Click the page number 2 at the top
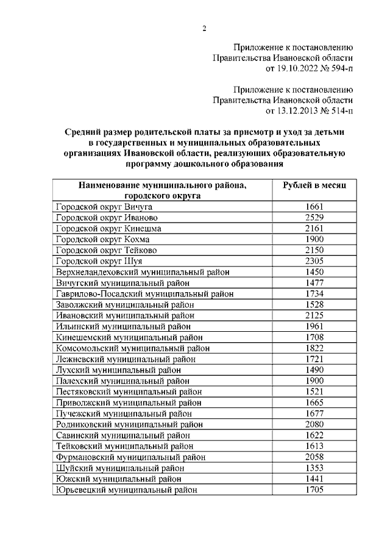(205, 28)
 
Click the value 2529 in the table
(314, 218)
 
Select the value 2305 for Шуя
(314, 261)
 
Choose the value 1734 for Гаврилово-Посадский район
(314, 293)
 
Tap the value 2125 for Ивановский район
(314, 315)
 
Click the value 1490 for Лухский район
(314, 370)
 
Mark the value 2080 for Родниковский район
(314, 424)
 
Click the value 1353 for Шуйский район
(314, 467)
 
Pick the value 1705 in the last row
(314, 489)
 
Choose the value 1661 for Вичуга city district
(314, 207)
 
